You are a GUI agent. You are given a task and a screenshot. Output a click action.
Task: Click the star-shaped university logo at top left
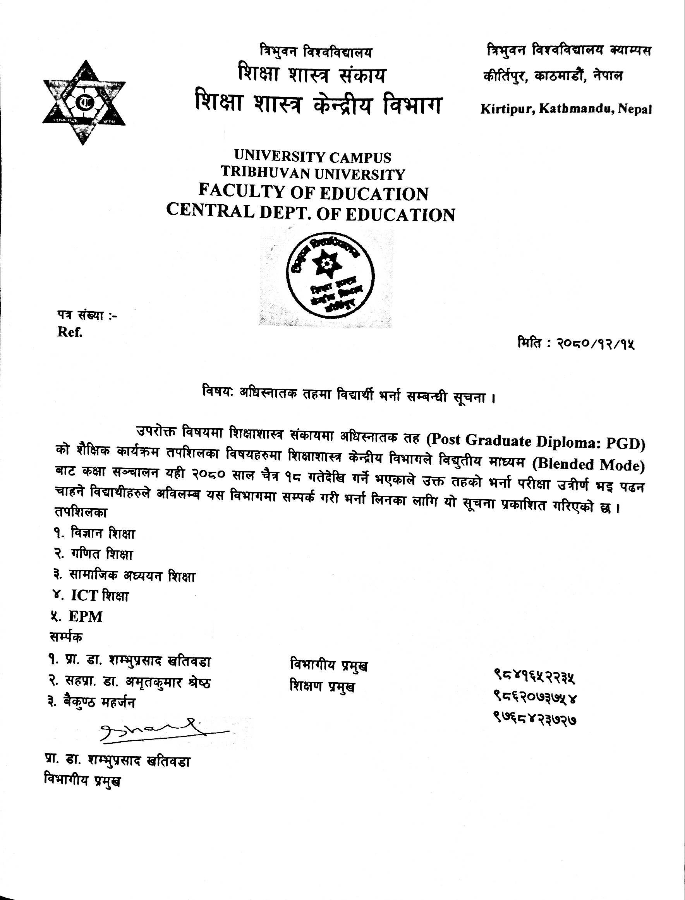click(84, 102)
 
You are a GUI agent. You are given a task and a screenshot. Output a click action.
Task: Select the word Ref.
click(70, 333)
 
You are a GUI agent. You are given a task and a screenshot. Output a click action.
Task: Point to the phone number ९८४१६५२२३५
click(534, 678)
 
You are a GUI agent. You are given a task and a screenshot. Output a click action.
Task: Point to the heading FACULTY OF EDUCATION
click(314, 193)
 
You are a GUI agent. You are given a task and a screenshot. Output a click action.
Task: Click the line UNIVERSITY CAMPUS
click(313, 157)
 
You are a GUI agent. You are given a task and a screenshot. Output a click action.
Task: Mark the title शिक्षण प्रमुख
click(322, 686)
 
